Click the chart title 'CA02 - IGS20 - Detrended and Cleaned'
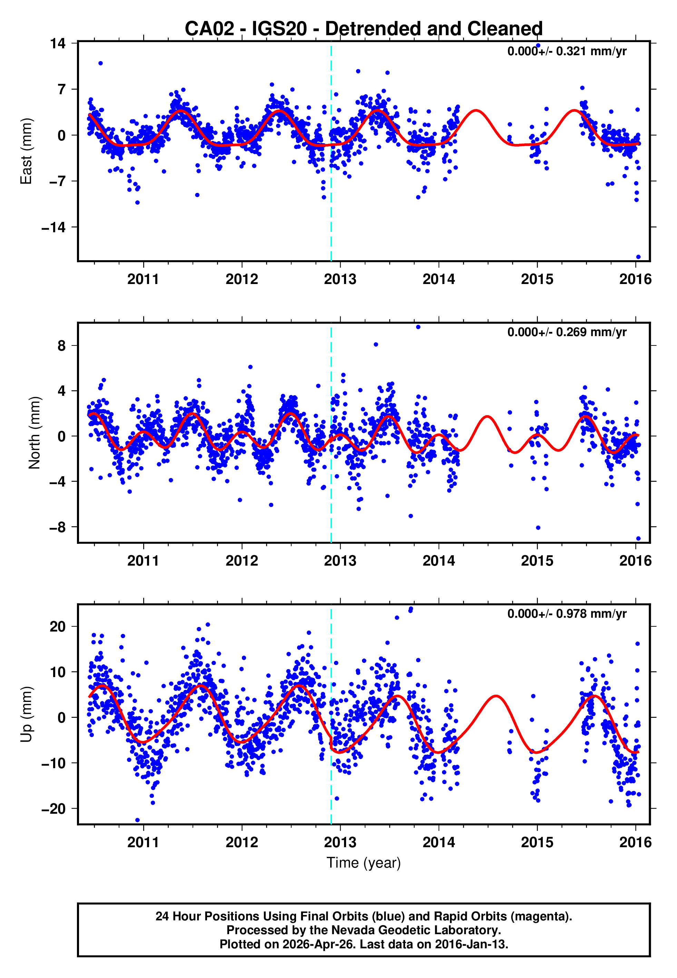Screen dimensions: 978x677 click(364, 29)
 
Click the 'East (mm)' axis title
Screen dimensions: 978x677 click(26, 151)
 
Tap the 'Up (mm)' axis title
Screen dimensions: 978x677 click(26, 714)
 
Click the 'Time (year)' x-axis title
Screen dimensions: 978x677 click(364, 863)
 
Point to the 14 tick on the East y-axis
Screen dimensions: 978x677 click(57, 43)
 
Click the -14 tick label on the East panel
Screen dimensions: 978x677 click(53, 227)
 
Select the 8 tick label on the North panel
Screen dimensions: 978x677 click(61, 346)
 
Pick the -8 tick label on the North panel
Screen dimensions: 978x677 click(57, 527)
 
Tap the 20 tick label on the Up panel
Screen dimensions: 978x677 click(57, 626)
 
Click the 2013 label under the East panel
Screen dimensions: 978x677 click(340, 280)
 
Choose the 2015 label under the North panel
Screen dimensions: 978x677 click(537, 561)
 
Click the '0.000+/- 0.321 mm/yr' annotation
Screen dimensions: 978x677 click(567, 51)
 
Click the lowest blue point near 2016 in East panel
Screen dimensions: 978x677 click(638, 257)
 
